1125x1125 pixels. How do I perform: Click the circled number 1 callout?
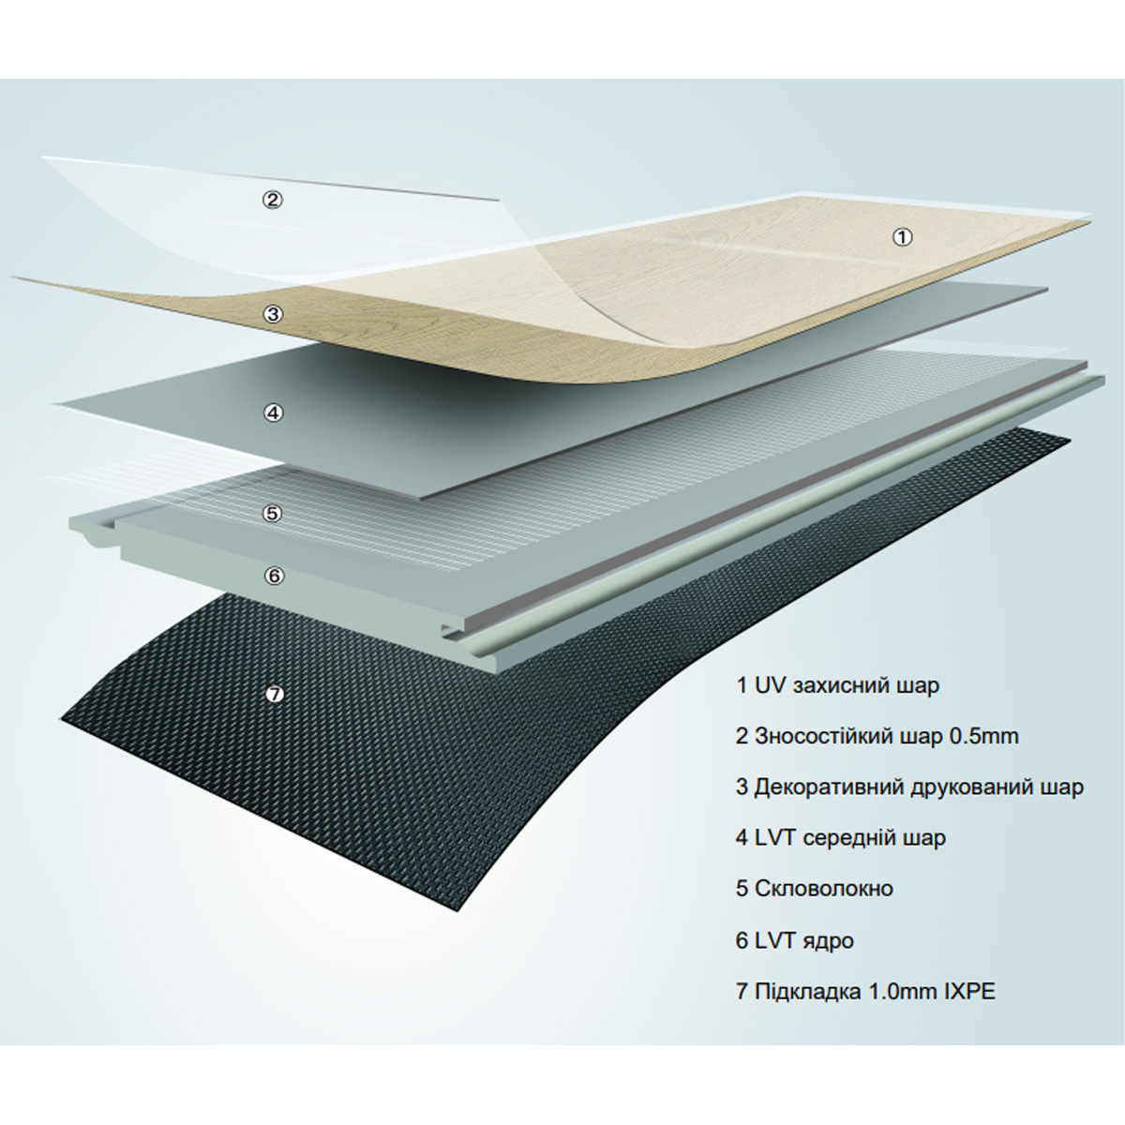(903, 237)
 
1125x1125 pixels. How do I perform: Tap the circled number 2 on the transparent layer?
(272, 201)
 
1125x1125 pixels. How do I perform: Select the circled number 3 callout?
(273, 314)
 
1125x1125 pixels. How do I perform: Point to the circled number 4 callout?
(273, 412)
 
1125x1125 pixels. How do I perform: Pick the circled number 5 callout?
(273, 513)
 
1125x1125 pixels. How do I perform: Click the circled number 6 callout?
(274, 576)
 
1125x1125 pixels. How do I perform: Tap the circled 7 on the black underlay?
(275, 694)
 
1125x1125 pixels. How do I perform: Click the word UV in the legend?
(770, 684)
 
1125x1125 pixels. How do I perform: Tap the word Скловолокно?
(824, 889)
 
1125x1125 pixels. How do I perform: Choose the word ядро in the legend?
(827, 941)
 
